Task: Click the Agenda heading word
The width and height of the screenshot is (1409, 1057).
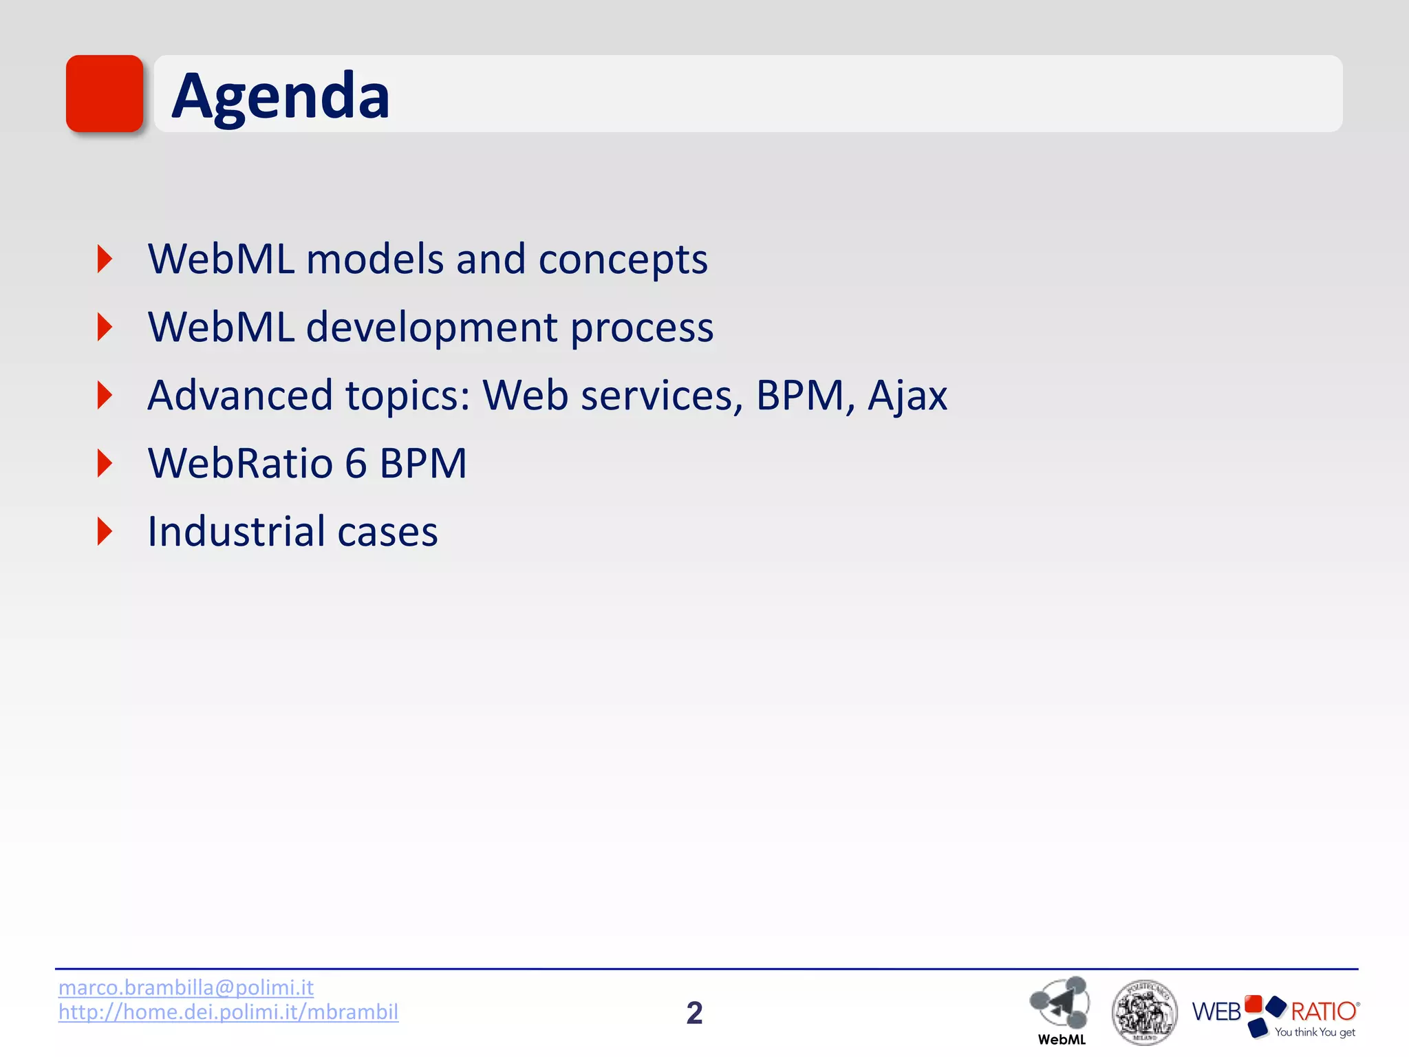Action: click(280, 96)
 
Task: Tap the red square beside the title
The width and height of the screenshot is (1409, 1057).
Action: click(105, 94)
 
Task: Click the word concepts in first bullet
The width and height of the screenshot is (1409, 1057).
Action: click(623, 260)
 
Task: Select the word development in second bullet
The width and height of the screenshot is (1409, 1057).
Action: click(431, 328)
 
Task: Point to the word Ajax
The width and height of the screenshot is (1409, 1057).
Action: click(907, 396)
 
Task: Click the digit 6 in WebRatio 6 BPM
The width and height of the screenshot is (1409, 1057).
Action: click(356, 463)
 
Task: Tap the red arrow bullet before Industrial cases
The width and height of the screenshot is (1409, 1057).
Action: click(105, 531)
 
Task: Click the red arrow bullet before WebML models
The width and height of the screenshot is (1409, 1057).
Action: click(105, 259)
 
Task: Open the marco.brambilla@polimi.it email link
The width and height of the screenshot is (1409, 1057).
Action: click(186, 987)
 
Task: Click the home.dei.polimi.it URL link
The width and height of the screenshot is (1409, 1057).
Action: click(228, 1012)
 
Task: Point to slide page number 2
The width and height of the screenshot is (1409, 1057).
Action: click(694, 1013)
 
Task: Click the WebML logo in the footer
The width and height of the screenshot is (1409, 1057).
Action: click(1061, 1009)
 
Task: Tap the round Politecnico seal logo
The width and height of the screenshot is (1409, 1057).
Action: click(1144, 1012)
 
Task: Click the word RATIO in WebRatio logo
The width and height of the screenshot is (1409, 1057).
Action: click(1322, 1012)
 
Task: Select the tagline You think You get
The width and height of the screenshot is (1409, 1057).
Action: click(1314, 1032)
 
